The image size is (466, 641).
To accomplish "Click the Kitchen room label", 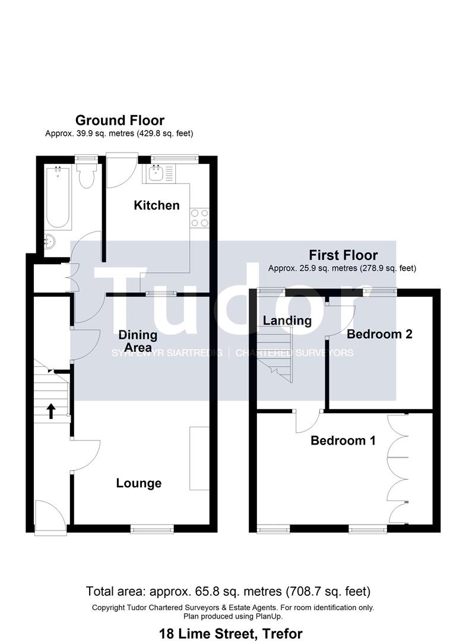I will coord(156,205).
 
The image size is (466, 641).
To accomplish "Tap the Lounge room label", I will coord(138,483).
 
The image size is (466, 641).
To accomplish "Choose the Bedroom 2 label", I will coord(379,334).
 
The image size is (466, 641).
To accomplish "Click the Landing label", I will coord(287,320).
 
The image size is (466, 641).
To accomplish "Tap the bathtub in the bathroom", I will coord(58,198).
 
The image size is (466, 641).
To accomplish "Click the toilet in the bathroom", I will coord(87,174).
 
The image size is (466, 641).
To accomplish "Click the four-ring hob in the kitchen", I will coord(199,218).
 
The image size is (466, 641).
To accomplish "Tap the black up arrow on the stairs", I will coord(51,411).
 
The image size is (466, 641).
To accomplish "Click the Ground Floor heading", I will coord(119,120).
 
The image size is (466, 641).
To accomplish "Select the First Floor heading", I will coord(343,255).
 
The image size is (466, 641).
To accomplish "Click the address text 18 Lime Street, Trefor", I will coord(231,633).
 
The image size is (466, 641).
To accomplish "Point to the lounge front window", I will coord(152,527).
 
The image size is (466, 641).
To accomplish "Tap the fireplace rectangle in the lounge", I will coord(199,458).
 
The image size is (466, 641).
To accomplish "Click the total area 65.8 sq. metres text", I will coord(229,591).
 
